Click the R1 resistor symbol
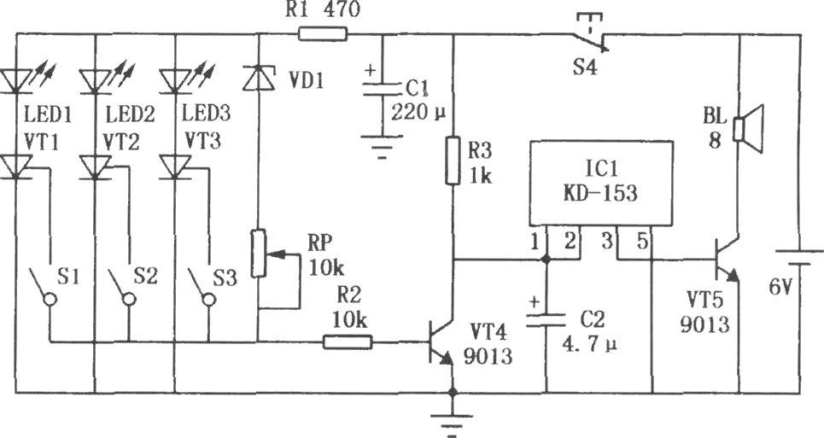pos(323,34)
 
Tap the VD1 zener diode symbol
pos(258,77)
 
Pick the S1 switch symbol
pos(43,286)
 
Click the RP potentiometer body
pos(258,253)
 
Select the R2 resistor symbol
pos(348,342)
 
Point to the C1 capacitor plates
pos(382,88)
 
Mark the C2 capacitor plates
pos(546,319)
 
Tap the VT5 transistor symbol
pos(728,259)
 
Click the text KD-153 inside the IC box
pos(600,193)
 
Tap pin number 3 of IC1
pos(607,241)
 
